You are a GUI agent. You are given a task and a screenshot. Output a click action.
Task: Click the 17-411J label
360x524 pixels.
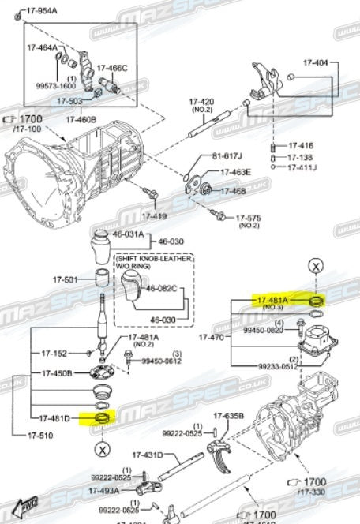[x=302, y=167]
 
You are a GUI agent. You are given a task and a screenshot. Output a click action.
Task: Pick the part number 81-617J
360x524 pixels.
[x=227, y=156]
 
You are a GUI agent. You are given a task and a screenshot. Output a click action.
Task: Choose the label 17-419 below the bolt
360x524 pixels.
[x=154, y=215]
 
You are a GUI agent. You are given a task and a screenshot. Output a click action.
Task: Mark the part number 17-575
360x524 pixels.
[x=249, y=218]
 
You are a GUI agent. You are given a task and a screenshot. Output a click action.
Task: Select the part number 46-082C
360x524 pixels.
[x=164, y=289]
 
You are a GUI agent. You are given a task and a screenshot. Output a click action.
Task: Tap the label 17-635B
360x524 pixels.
[x=227, y=416]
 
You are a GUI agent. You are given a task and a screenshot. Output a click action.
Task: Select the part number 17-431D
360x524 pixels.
[x=147, y=455]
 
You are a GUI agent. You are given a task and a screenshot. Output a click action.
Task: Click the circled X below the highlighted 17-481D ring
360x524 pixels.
[x=103, y=451]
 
